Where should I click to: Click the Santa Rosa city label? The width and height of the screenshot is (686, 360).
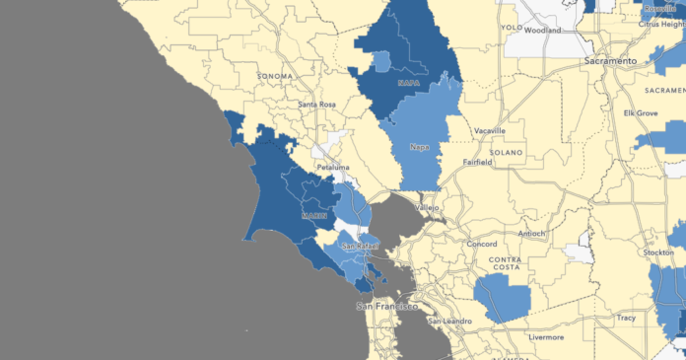320,104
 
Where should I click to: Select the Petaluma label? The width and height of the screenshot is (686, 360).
333,168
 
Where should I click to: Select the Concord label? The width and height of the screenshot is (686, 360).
481,243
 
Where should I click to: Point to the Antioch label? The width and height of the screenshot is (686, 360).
532,234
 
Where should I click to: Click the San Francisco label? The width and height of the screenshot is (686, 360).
386,306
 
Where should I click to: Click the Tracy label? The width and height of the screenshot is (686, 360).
625,318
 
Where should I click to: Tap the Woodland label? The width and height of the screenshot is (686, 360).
542,31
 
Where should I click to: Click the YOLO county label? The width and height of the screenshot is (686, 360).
509,28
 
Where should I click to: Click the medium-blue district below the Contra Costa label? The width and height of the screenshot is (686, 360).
503,296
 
